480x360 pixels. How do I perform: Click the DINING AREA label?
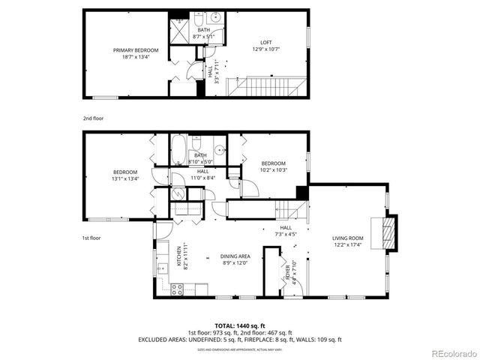pos(234,256)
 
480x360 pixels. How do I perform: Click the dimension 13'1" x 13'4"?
pos(124,178)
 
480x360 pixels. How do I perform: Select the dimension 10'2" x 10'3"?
pos(273,169)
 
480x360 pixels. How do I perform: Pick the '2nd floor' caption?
pos(93,118)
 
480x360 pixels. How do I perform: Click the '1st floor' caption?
pos(91,238)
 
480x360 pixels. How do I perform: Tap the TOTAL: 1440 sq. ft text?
pos(240,326)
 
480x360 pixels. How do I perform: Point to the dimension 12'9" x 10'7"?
pos(265,50)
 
